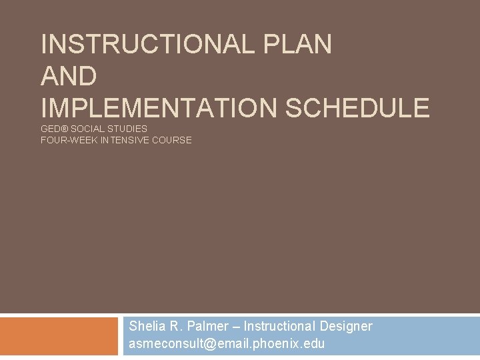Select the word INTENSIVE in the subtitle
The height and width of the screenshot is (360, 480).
[x=127, y=140]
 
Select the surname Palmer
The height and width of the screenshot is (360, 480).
[x=208, y=326]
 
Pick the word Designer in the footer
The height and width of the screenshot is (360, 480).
[x=346, y=326]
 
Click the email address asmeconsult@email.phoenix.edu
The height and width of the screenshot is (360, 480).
[x=227, y=344]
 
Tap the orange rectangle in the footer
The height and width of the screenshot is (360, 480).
[x=58, y=336]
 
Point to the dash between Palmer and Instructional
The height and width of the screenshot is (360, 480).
[x=237, y=327]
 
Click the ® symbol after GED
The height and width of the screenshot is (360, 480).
[x=65, y=128]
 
